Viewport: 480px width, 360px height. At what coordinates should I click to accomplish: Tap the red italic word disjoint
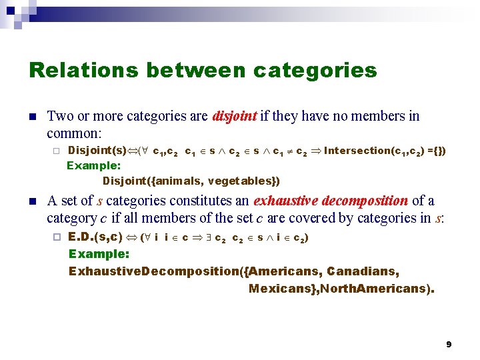[x=234, y=117]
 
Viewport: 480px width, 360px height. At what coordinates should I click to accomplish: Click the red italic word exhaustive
[x=285, y=201]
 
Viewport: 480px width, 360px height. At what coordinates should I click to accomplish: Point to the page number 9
[x=449, y=344]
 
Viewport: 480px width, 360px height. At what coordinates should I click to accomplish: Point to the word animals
[x=178, y=181]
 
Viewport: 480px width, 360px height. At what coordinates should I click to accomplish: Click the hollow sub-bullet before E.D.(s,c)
[x=57, y=237]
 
